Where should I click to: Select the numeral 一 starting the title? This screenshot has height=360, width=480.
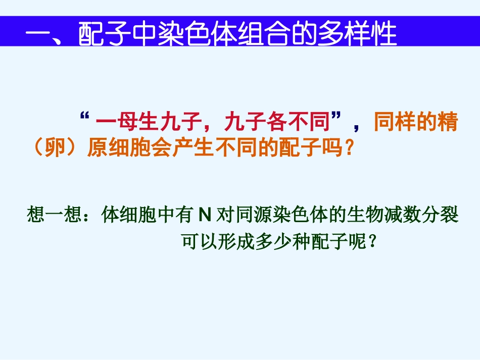pyautogui.click(x=38, y=35)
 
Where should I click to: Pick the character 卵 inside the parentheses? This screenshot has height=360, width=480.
pyautogui.click(x=56, y=148)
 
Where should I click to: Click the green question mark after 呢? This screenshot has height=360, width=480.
pyautogui.click(x=373, y=242)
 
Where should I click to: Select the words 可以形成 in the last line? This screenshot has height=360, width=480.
pyautogui.click(x=214, y=242)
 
